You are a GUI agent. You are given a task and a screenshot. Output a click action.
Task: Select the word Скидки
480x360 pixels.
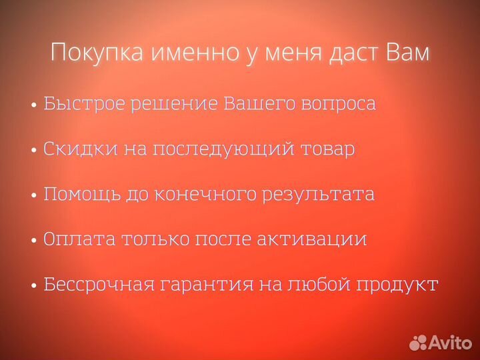(x=80, y=149)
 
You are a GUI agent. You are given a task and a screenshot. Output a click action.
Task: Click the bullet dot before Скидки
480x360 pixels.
(x=34, y=151)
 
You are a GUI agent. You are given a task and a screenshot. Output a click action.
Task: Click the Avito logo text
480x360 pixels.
(x=449, y=343)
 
